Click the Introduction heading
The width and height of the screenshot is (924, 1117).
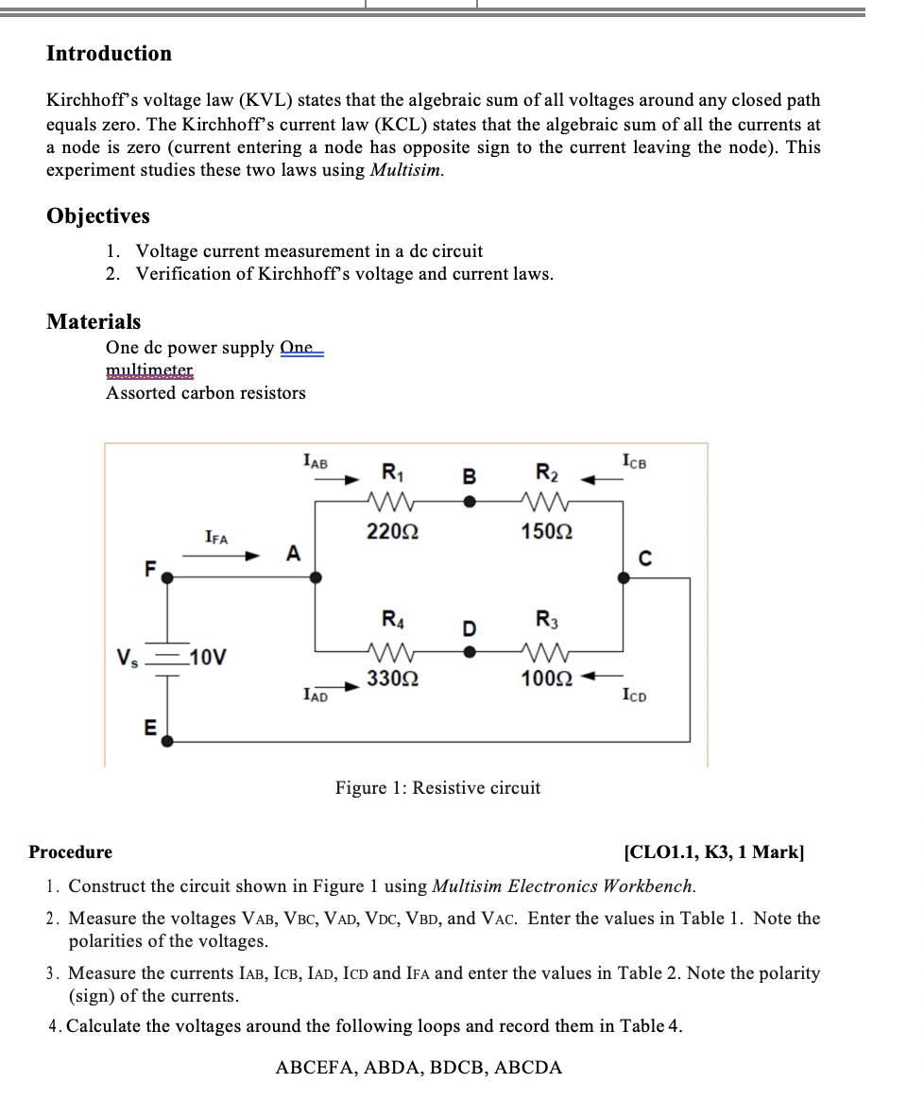(x=109, y=54)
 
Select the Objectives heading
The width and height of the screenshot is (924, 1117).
(x=98, y=216)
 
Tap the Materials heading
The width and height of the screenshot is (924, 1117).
(x=94, y=322)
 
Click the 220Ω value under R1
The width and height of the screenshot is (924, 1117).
(x=388, y=532)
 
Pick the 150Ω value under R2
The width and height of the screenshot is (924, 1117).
(x=545, y=532)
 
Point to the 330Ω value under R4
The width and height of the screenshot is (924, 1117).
(x=388, y=678)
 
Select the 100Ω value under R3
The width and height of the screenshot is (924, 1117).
(x=545, y=678)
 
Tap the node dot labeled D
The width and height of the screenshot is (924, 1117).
(x=467, y=651)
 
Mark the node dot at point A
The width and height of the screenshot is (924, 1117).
(x=316, y=576)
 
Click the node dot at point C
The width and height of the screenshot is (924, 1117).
(x=623, y=576)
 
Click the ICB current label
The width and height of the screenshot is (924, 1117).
(x=635, y=462)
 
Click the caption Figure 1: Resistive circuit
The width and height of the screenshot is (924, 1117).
(x=438, y=788)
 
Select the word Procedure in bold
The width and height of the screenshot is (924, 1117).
(x=71, y=852)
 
